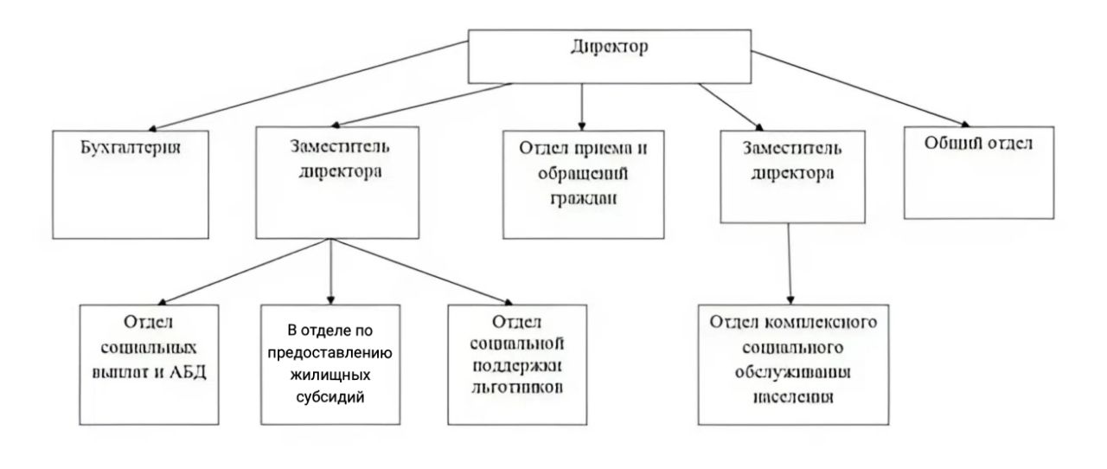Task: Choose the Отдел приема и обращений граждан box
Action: pyautogui.click(x=584, y=183)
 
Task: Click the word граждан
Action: pyautogui.click(x=584, y=201)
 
